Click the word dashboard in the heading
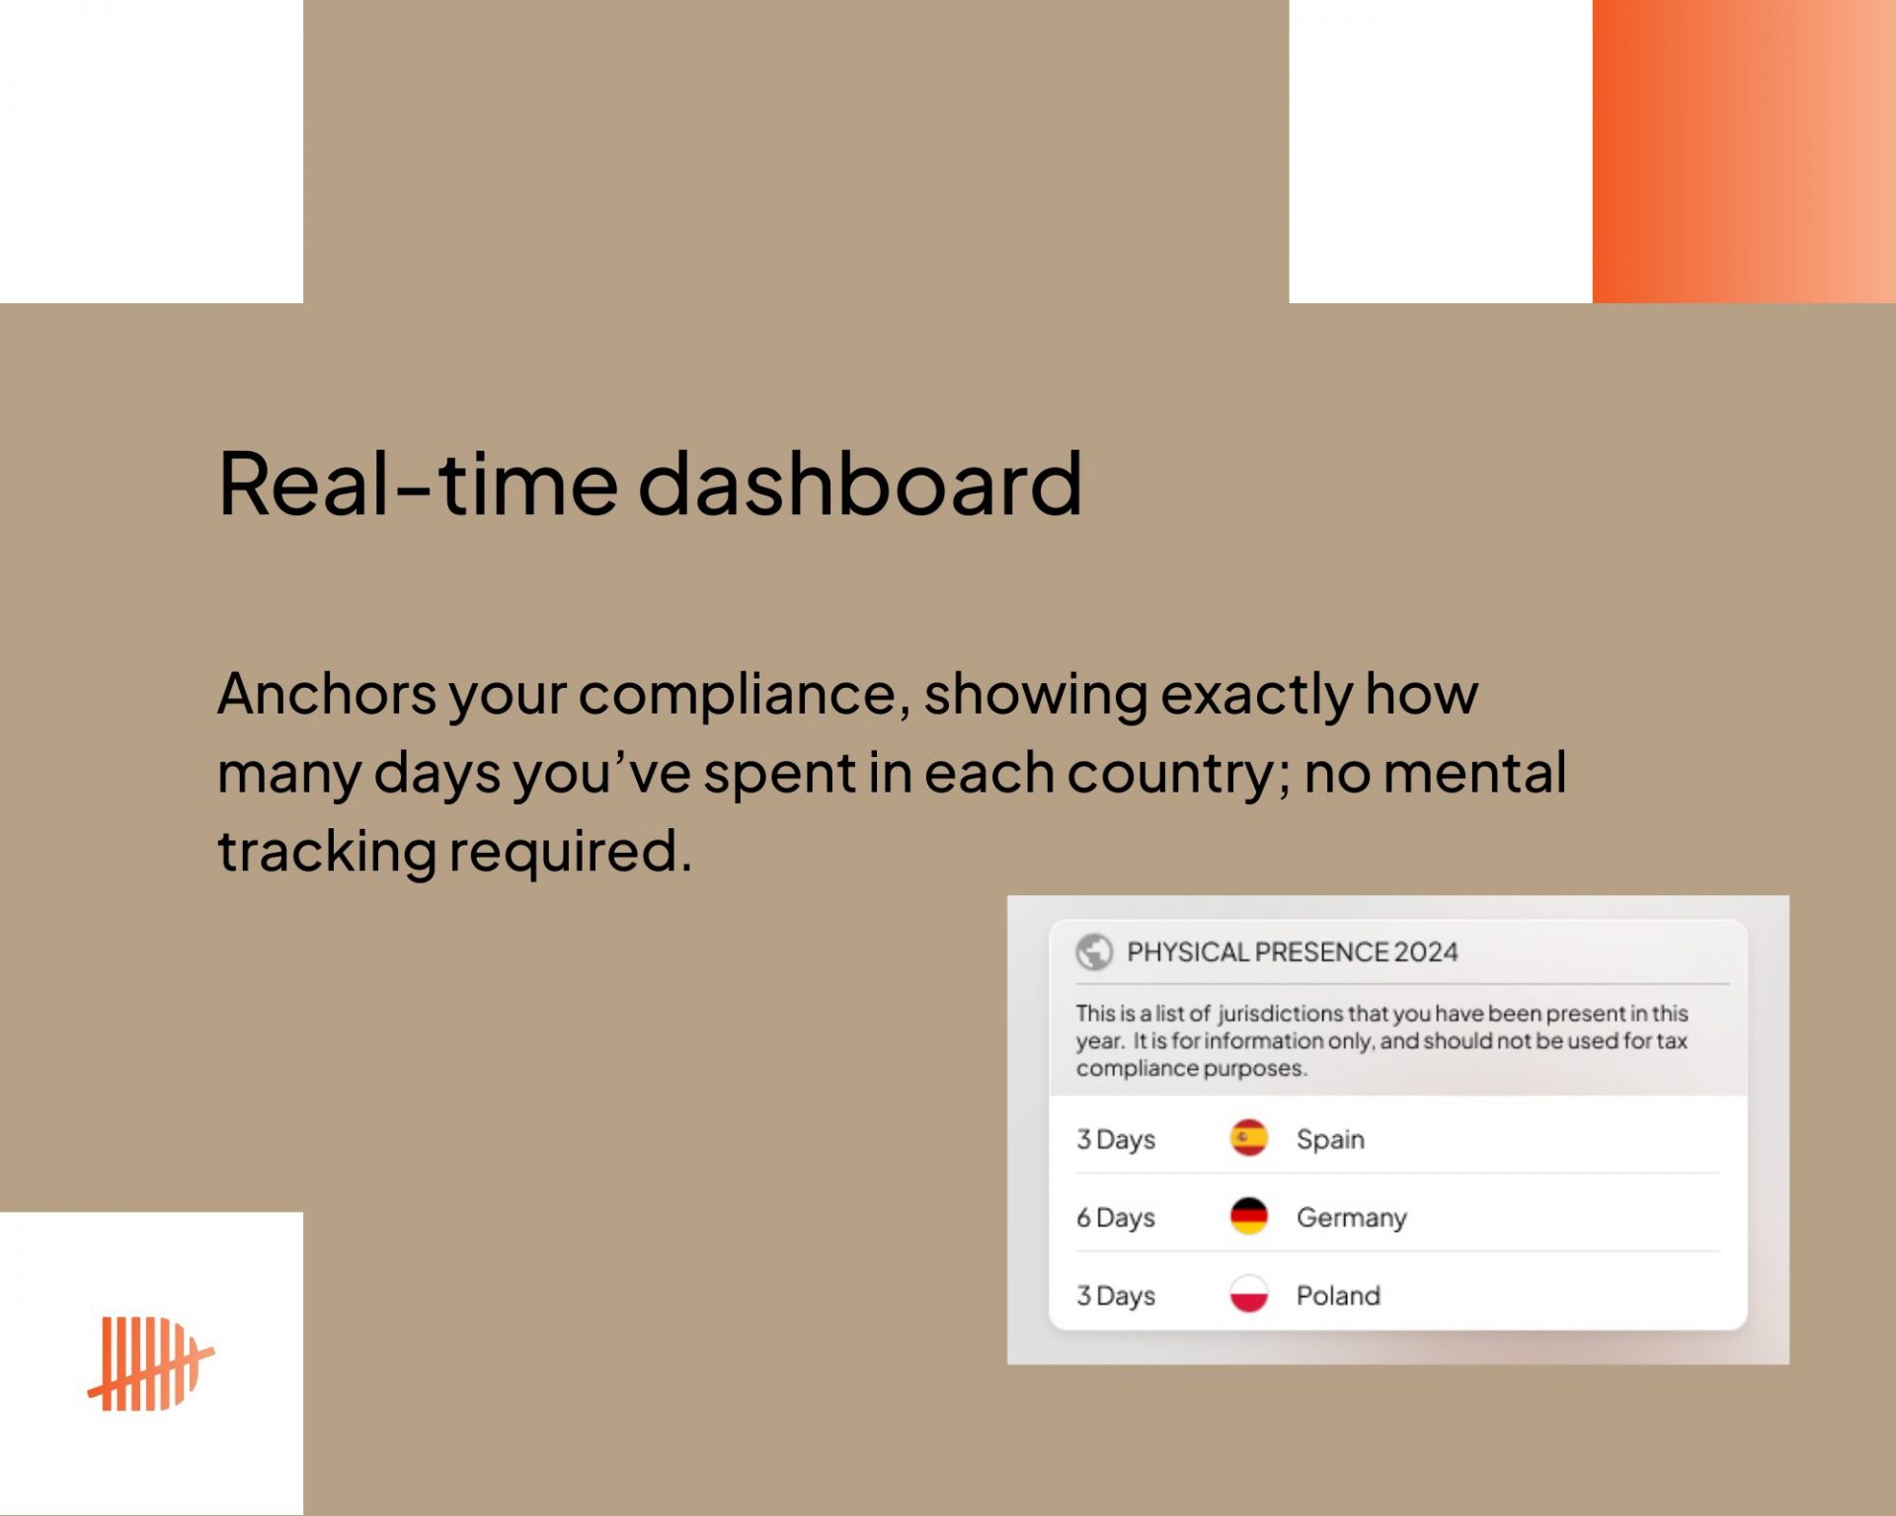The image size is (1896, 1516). [860, 483]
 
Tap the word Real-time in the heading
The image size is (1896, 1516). [418, 483]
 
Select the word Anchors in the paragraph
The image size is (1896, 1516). [326, 694]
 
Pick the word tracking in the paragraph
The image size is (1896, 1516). [327, 852]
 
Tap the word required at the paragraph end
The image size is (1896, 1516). [570, 852]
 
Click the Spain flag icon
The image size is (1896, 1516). [1249, 1138]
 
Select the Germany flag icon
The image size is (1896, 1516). [1249, 1216]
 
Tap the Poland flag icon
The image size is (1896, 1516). [1249, 1294]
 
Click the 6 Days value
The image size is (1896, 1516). [1116, 1218]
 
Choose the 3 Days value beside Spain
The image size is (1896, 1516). [1116, 1140]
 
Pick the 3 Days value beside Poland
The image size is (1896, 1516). [1116, 1296]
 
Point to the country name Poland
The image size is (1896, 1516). [1338, 1295]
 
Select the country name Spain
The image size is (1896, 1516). [1330, 1140]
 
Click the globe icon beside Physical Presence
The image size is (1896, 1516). [1094, 951]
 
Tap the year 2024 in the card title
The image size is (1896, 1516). [1426, 951]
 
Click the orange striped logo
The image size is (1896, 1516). [151, 1363]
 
